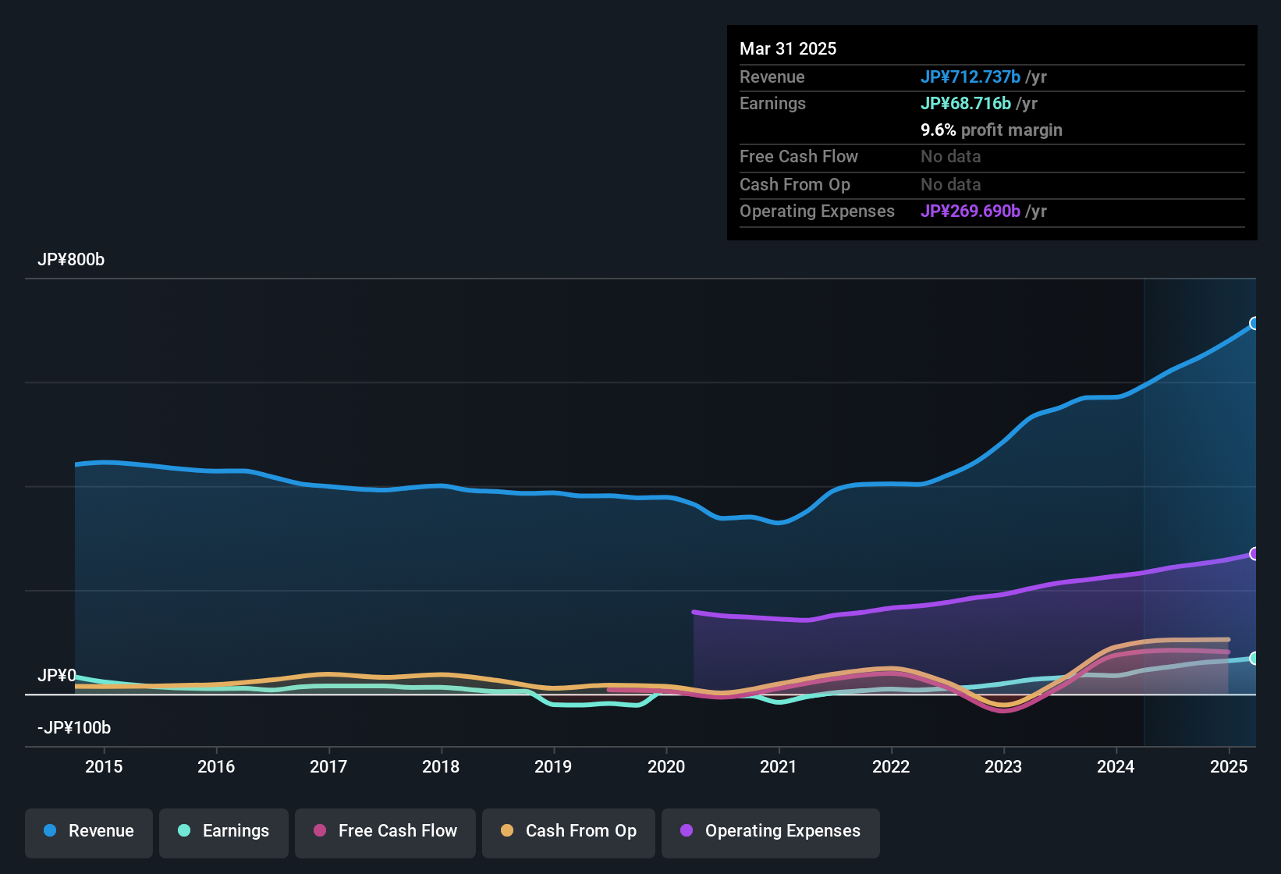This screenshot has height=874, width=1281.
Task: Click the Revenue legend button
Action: pyautogui.click(x=89, y=831)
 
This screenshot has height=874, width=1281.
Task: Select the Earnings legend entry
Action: pyautogui.click(x=224, y=831)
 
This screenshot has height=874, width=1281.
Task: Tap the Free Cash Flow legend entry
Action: pyautogui.click(x=385, y=831)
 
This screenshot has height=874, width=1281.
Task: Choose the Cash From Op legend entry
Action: pyautogui.click(x=569, y=831)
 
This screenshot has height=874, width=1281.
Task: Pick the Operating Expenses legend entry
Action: pyautogui.click(x=771, y=831)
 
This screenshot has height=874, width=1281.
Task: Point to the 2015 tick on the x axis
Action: pyautogui.click(x=104, y=766)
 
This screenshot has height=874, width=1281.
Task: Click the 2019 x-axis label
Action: pyautogui.click(x=553, y=766)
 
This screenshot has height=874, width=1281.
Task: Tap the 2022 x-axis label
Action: pyautogui.click(x=891, y=766)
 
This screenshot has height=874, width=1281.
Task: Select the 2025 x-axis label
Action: pyautogui.click(x=1228, y=766)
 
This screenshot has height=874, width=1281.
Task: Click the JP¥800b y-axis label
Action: pyautogui.click(x=71, y=260)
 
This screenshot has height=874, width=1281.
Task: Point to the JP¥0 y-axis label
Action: pyautogui.click(x=57, y=675)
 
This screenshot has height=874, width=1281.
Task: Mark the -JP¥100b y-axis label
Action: pyautogui.click(x=74, y=728)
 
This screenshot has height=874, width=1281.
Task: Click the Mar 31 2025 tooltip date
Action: pyautogui.click(x=788, y=49)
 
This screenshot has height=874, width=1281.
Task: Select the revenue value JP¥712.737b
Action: pyautogui.click(x=970, y=76)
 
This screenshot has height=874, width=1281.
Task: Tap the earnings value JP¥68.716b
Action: pyautogui.click(x=965, y=104)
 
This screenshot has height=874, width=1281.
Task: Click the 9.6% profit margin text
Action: pyautogui.click(x=991, y=130)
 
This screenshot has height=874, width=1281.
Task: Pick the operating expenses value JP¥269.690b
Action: pyautogui.click(x=970, y=211)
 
